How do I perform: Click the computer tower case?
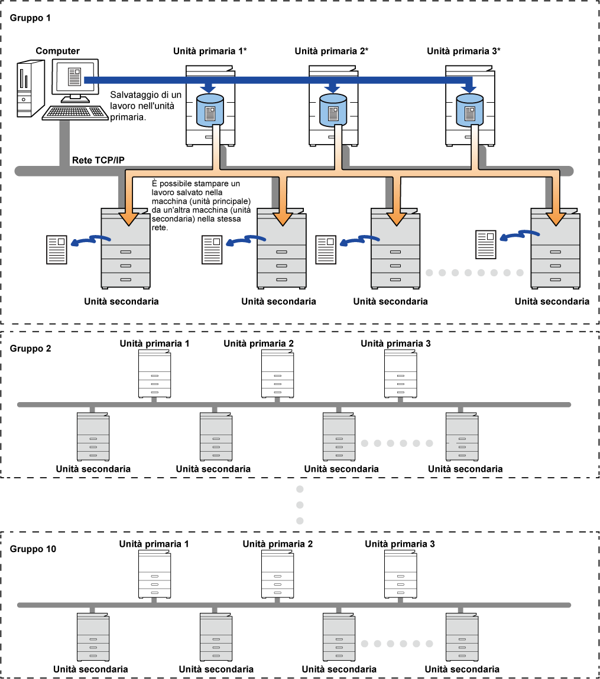pos(30,89)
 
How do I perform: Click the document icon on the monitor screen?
pos(74,76)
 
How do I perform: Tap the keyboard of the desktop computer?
pos(75,112)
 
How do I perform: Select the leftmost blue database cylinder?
pos(210,110)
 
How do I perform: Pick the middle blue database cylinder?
pos(333,110)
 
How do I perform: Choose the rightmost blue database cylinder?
pos(469,110)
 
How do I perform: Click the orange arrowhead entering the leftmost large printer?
pos(128,218)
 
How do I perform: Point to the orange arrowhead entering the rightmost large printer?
pos(556,218)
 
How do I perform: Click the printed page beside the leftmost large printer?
pos(57,250)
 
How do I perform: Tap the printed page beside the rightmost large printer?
pos(486,244)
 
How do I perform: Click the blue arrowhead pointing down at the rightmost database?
pos(469,89)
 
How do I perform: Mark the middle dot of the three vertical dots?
pos(300,505)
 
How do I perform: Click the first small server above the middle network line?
pos(154,388)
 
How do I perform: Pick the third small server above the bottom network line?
pos(403,589)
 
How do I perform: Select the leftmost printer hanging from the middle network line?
pos(93,437)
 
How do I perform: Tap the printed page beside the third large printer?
pos(326,250)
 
